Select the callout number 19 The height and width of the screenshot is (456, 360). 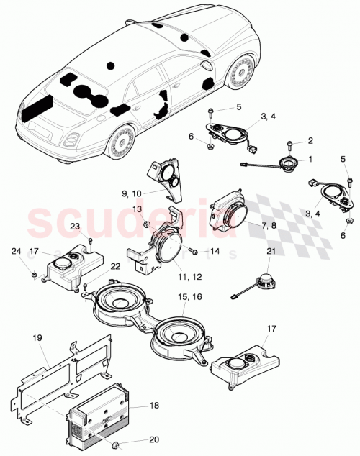pyautogui.click(x=38, y=336)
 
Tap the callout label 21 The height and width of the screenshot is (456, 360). pyautogui.click(x=271, y=251)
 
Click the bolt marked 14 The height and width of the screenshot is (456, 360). pyautogui.click(x=194, y=252)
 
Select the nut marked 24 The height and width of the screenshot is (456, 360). pyautogui.click(x=34, y=273)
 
